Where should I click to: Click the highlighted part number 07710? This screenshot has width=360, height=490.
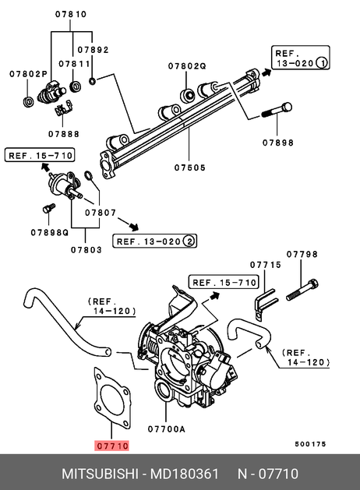[111, 446]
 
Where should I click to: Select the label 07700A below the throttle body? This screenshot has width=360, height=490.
[166, 429]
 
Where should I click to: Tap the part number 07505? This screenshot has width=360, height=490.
[190, 167]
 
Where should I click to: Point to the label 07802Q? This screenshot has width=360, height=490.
[187, 66]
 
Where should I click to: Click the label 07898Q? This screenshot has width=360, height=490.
[49, 232]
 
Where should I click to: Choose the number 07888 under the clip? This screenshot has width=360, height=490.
[64, 134]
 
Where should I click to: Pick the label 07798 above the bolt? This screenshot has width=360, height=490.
[302, 254]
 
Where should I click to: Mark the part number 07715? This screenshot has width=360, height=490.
[265, 265]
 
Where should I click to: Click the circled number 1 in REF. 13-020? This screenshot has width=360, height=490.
[322, 63]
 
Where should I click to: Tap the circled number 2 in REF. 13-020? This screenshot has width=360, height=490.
[189, 241]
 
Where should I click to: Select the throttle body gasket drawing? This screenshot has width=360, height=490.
[112, 398]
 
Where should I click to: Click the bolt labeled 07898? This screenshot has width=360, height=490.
[277, 111]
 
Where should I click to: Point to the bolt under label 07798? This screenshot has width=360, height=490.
[302, 291]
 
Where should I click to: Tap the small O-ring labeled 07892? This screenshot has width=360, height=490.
[93, 81]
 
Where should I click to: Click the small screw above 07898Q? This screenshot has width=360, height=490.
[49, 208]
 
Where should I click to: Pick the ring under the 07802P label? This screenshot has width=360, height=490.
[28, 101]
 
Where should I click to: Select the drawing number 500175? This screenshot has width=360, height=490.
[310, 444]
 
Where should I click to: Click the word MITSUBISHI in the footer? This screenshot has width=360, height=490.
[100, 474]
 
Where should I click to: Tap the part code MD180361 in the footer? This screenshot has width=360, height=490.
[185, 474]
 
